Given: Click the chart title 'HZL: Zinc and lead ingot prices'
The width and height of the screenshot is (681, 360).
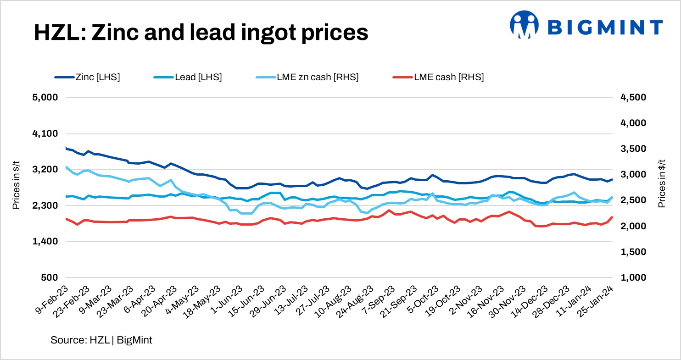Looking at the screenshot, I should (201, 33).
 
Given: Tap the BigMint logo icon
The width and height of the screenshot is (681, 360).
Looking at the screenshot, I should (525, 24).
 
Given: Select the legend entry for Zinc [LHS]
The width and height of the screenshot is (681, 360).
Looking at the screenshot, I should (87, 78).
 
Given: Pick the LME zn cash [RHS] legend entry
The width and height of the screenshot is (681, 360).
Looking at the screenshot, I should (307, 78).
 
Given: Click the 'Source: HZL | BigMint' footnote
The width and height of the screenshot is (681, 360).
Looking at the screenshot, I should (101, 340).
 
